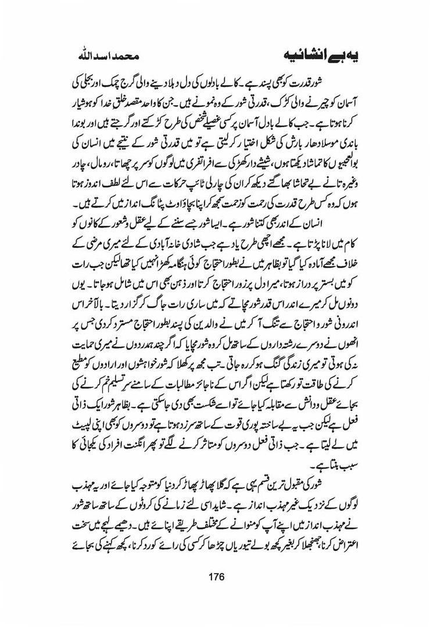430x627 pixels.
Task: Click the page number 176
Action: pyautogui.click(x=215, y=577)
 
